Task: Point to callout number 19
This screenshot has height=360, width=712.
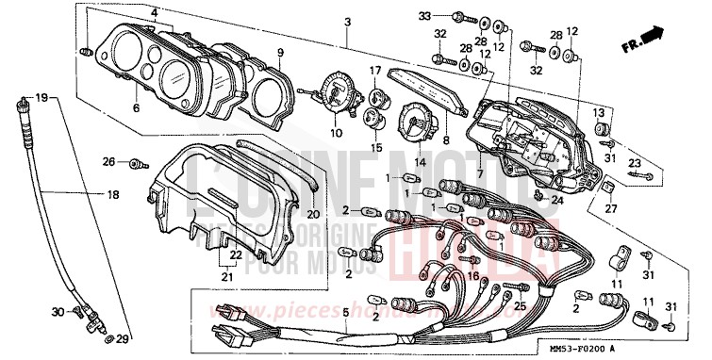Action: pyautogui.click(x=41, y=98)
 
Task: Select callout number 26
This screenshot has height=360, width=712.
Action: pyautogui.click(x=108, y=162)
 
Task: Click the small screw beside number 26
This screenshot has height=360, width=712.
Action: pyautogui.click(x=136, y=162)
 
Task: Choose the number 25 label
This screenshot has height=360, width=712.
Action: pyautogui.click(x=518, y=307)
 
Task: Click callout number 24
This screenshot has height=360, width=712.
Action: pyautogui.click(x=556, y=199)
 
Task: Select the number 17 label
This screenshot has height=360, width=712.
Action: pyautogui.click(x=374, y=72)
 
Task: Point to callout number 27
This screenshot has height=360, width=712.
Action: pyautogui.click(x=610, y=208)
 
